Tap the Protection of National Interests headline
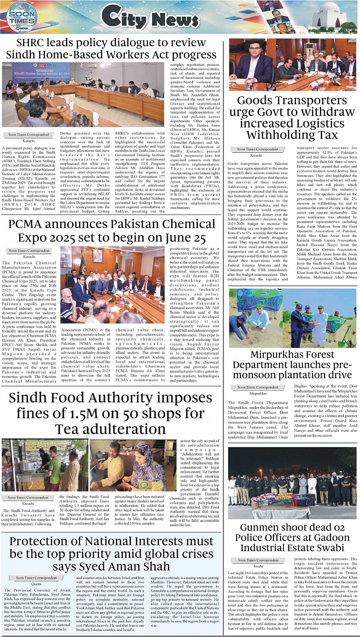[x=111, y=554]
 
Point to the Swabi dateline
[x=258, y=566]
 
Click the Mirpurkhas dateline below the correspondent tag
[x=258, y=394]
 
